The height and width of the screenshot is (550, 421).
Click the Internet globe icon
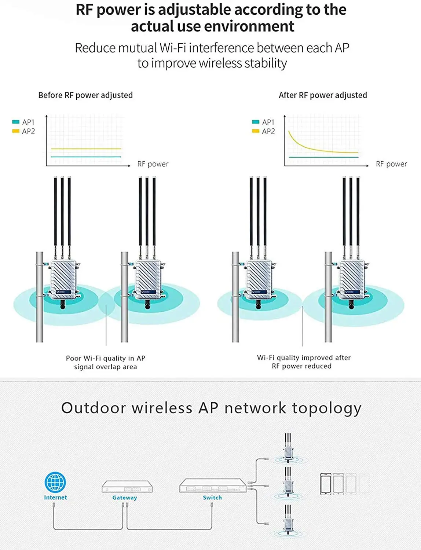tap(55, 482)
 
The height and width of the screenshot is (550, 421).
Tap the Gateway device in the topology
tap(127, 487)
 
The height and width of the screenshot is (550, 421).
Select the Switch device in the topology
tap(212, 485)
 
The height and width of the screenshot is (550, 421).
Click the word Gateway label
tap(125, 498)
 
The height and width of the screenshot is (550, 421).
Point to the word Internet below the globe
tap(55, 498)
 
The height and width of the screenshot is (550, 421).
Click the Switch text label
tap(212, 498)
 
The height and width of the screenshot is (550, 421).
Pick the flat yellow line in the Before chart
tap(86, 149)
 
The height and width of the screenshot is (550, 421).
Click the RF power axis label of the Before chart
tap(153, 164)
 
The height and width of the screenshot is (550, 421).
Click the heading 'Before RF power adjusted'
tap(85, 95)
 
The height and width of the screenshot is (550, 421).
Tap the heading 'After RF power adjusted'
tap(323, 95)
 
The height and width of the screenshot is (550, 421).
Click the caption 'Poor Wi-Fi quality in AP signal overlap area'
tap(106, 362)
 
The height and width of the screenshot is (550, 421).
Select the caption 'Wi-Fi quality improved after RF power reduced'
tap(304, 362)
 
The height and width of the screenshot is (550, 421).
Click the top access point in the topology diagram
tap(288, 450)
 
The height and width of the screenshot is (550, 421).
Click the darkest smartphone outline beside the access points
tap(326, 484)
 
